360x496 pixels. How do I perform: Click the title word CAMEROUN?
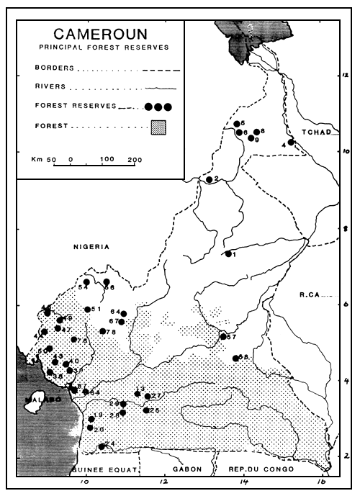click(101, 34)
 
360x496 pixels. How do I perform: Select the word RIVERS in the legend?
click(50, 86)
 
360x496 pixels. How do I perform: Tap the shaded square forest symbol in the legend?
click(158, 128)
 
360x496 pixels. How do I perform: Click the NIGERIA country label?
click(89, 247)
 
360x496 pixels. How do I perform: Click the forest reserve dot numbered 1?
click(228, 253)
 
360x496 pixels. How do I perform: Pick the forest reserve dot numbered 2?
click(209, 179)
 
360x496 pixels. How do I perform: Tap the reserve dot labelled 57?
click(222, 336)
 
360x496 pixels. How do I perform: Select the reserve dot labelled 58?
click(235, 358)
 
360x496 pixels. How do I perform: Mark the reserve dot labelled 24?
click(102, 446)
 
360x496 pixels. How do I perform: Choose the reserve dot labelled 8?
click(256, 132)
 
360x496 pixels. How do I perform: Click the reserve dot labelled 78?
click(103, 331)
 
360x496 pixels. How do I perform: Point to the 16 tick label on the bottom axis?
click(322, 480)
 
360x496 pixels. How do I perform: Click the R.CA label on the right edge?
click(313, 294)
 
